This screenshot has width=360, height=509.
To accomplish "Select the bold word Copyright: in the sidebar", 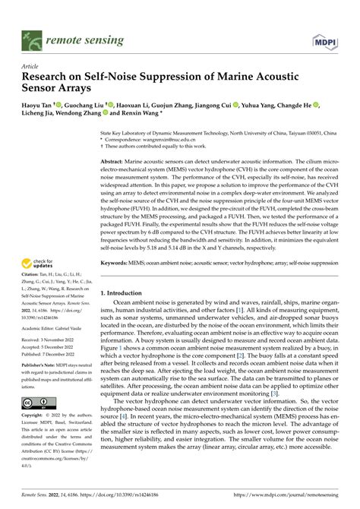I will click(x=33, y=417).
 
